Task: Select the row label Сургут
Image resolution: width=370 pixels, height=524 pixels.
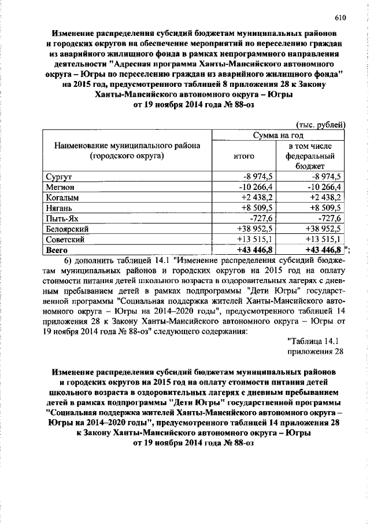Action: click(x=58, y=177)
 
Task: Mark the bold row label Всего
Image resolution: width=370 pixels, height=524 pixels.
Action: click(x=57, y=250)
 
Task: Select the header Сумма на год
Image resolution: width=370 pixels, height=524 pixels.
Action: click(x=278, y=135)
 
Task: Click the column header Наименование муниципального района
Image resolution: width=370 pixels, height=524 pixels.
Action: click(x=127, y=151)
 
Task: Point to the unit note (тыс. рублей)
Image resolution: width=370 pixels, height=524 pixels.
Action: click(x=320, y=124)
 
